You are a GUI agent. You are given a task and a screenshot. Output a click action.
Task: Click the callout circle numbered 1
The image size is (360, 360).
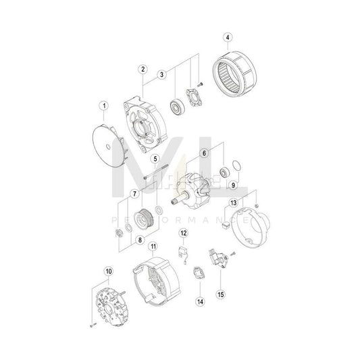click(104, 105)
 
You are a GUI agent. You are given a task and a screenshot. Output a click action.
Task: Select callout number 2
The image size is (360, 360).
click(143, 68)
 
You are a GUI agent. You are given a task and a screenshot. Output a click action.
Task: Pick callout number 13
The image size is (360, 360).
click(233, 203)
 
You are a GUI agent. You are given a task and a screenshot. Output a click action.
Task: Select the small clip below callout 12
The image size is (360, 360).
click(180, 253)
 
